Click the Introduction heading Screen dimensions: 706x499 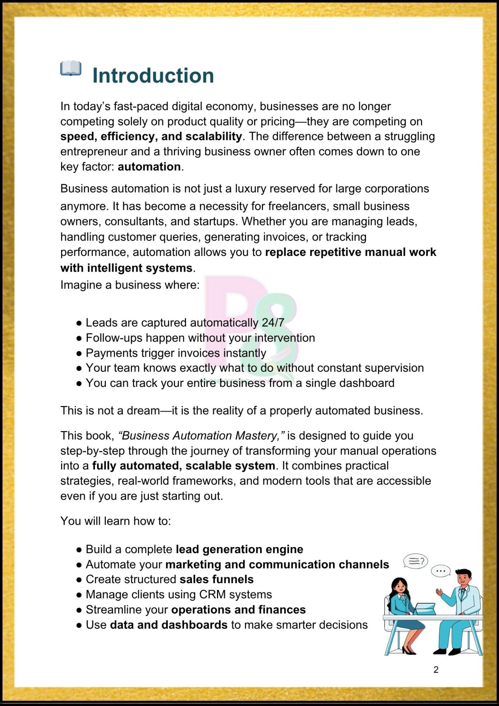[x=153, y=76]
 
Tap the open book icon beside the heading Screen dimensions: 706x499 [x=71, y=68]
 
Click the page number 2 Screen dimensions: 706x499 [x=436, y=670]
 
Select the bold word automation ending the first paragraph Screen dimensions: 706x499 [x=149, y=167]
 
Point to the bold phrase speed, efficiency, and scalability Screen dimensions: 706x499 [x=151, y=136]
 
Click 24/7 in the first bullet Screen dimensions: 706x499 [x=273, y=322]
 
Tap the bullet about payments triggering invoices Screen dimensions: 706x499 [x=176, y=353]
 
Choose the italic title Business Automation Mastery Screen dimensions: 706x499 [x=201, y=435]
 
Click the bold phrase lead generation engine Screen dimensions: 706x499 [x=239, y=549]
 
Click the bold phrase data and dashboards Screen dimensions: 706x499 [x=169, y=625]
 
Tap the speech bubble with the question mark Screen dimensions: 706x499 [x=416, y=561]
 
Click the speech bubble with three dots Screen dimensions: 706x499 [x=441, y=571]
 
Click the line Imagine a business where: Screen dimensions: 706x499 [x=130, y=285]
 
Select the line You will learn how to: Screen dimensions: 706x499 [x=115, y=521]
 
